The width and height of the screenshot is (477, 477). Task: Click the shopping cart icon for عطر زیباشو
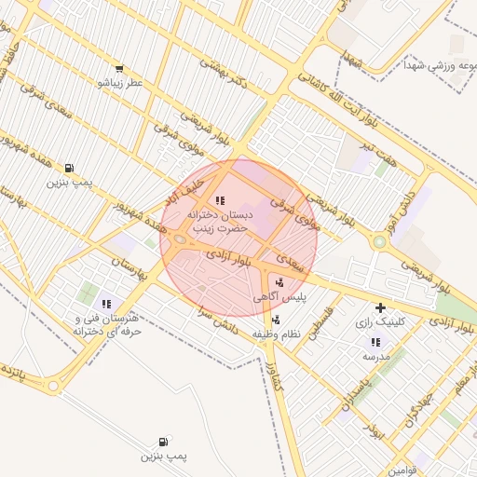pyautogui.click(x=118, y=69)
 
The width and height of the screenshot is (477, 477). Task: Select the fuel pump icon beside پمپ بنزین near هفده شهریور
pyautogui.click(x=71, y=169)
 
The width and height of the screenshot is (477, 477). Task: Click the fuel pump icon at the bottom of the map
pyautogui.click(x=164, y=441)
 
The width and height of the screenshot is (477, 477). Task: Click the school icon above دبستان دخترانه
pyautogui.click(x=220, y=200)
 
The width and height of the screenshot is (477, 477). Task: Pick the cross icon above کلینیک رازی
pyautogui.click(x=380, y=307)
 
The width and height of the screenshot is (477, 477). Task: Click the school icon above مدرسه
pyautogui.click(x=375, y=342)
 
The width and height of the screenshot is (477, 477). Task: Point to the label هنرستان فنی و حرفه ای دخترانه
pyautogui.click(x=106, y=324)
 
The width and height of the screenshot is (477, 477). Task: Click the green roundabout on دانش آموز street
pyautogui.click(x=379, y=242)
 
